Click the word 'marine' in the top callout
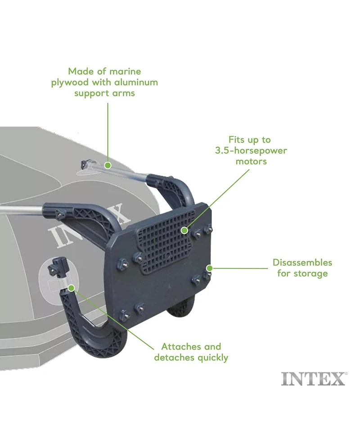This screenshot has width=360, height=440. (125, 71)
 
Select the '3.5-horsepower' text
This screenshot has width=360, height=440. (251, 150)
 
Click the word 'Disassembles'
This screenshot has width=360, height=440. (302, 263)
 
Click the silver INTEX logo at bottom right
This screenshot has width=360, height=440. (314, 379)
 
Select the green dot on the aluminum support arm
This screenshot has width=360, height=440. (108, 165)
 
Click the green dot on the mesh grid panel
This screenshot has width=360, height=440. (184, 231)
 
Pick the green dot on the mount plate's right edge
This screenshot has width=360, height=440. (209, 268)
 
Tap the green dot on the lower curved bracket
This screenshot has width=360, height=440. (72, 288)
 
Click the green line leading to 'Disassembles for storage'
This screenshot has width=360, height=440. (240, 268)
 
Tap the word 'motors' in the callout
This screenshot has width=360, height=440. (251, 161)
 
